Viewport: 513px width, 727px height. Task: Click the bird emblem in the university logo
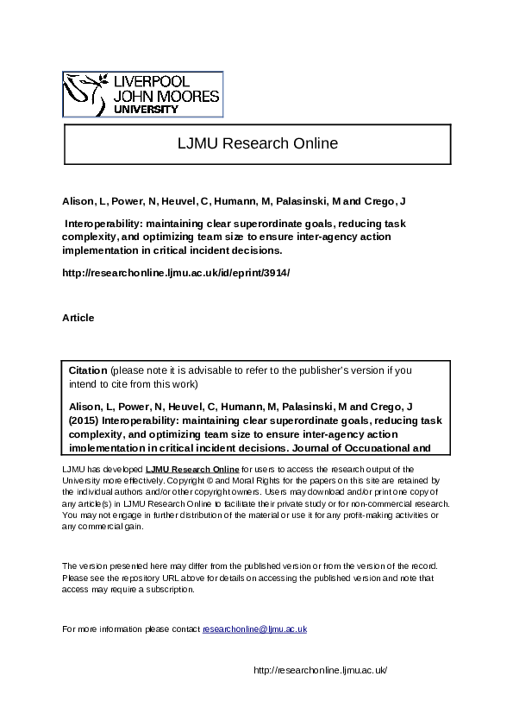(83, 94)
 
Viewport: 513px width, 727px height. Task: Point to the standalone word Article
(78, 318)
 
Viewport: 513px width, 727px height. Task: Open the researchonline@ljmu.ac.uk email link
(254, 629)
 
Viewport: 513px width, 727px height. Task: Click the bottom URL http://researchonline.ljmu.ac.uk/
(318, 670)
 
